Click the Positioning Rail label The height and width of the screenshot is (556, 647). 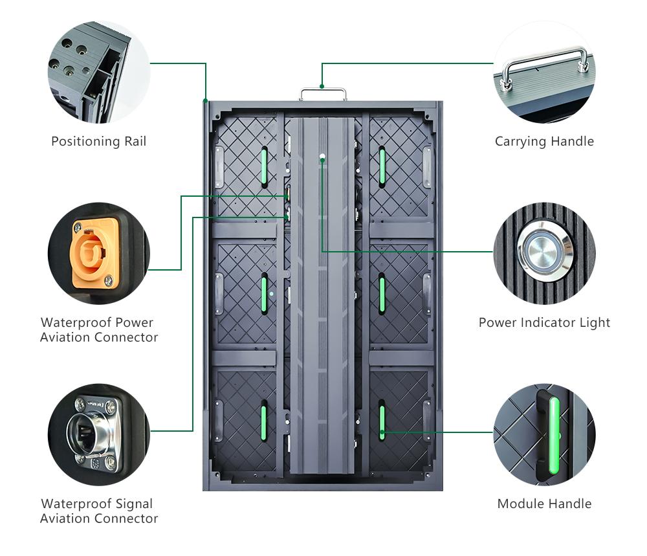[99, 141]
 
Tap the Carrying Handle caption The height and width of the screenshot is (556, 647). [544, 141]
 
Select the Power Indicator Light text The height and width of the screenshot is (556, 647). [544, 322]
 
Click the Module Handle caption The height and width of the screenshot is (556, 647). [544, 504]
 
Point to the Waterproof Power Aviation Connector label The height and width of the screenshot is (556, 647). [99, 329]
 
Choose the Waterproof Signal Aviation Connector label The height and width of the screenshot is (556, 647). [99, 511]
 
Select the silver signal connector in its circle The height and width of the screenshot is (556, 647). [98, 433]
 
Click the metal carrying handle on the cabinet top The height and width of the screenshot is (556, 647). [322, 94]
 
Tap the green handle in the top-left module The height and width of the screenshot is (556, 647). [264, 166]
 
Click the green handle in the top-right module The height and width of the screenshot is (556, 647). [382, 166]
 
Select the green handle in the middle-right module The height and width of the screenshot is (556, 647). [382, 295]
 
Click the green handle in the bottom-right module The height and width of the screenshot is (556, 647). [382, 421]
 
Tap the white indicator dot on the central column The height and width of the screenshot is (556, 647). [322, 157]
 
